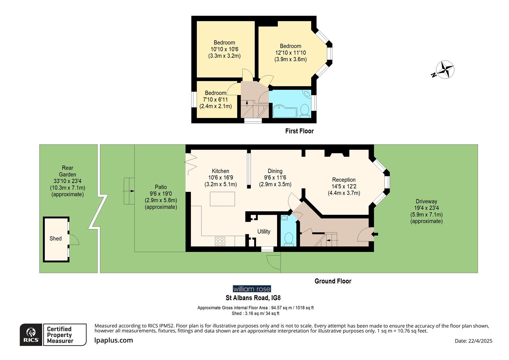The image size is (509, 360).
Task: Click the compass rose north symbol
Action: pos(445,70)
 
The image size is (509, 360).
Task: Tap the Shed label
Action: pos(55,238)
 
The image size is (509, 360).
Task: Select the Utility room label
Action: pos(263,231)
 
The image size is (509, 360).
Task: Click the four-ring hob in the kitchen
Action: pos(220,241)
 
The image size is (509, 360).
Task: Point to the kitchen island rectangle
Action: pos(222,199)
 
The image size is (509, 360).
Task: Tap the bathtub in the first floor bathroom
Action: pos(284,111)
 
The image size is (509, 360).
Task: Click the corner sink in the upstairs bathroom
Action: pos(307,94)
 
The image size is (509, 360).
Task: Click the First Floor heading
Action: pos(299,131)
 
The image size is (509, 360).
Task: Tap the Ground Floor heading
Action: pos(333,281)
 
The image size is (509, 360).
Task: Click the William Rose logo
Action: pos(252,289)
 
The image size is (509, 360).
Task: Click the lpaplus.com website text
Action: pos(114,340)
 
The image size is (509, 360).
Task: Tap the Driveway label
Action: pos(426,201)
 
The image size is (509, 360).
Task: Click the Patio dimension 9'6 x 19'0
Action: pos(161,194)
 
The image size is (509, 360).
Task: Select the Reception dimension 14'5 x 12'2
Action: pos(344,186)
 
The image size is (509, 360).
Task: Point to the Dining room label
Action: pos(275,171)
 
